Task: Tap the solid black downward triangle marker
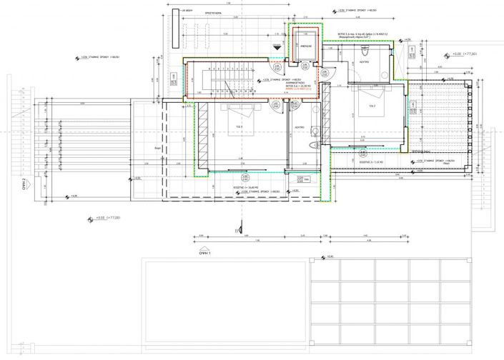pos(275,45)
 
